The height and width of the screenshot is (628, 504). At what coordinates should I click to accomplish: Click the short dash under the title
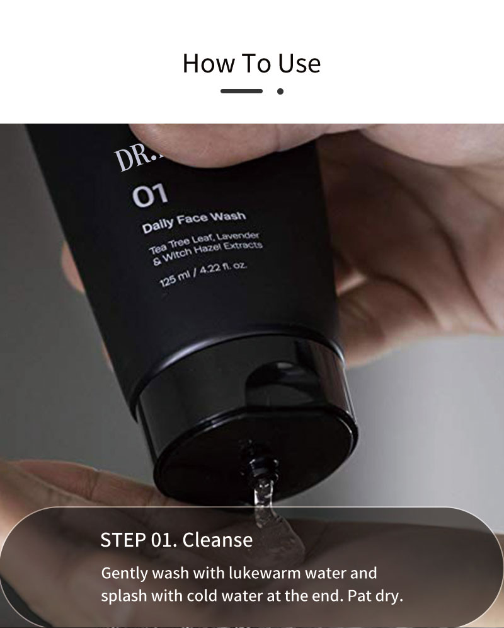coord(241,91)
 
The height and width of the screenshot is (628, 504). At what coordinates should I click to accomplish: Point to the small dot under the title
coord(280,91)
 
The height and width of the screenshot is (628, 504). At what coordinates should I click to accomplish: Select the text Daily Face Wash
coord(193,223)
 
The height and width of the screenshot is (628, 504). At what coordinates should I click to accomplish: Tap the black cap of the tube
coord(246,410)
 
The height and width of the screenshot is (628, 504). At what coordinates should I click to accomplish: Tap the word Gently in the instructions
coord(123,574)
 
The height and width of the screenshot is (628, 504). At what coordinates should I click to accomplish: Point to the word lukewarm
coord(249,574)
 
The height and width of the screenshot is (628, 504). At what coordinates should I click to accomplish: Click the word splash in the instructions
coord(122,595)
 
